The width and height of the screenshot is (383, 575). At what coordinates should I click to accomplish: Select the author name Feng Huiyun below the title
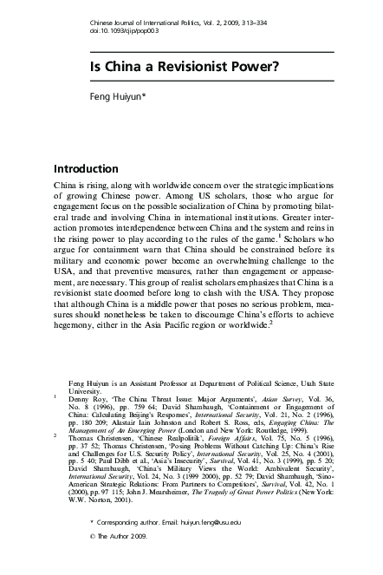(121, 100)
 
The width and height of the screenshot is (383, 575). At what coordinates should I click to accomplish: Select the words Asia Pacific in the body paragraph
(189, 325)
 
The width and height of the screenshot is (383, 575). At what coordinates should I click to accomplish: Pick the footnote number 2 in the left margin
(55, 436)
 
